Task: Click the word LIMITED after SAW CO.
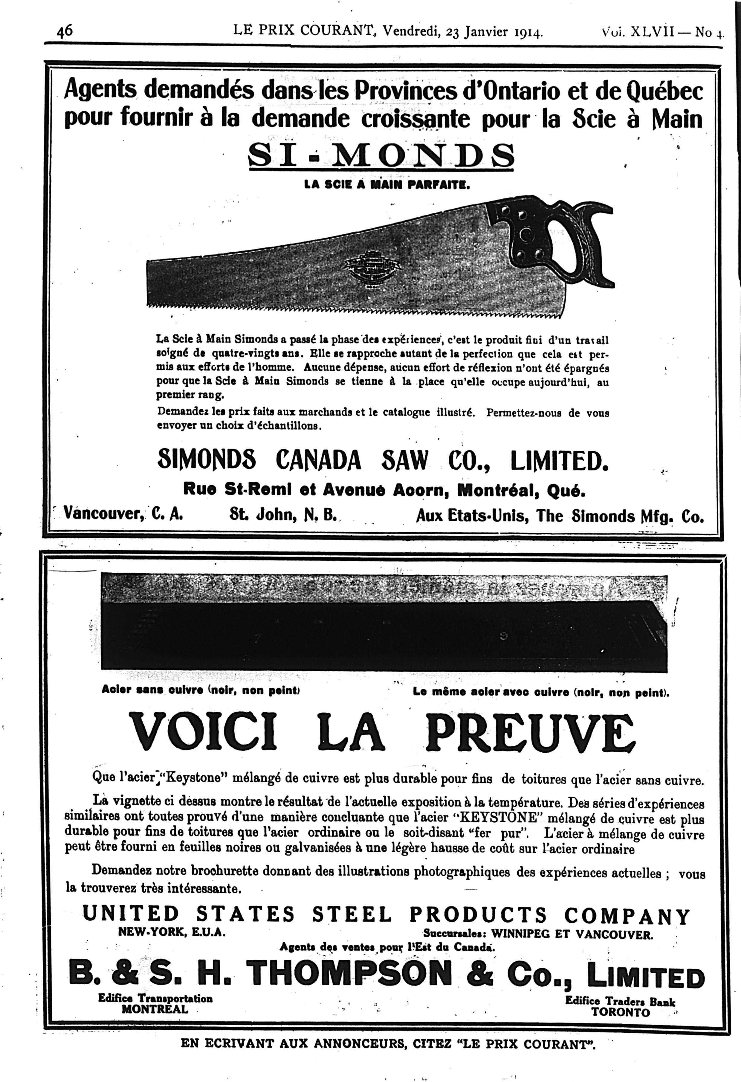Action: pos(559,461)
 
